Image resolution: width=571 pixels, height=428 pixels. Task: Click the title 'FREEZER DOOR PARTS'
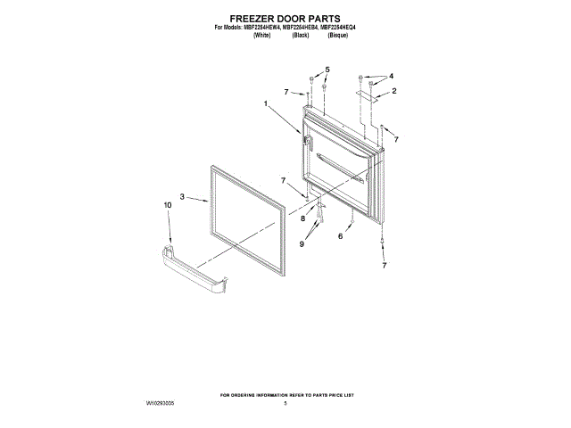point(285,17)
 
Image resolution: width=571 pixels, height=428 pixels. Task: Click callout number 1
point(266,104)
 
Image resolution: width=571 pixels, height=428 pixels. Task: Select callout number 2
point(393,92)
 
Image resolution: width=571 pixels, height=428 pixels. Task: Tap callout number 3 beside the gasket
point(182,197)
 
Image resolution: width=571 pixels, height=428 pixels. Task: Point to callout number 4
point(391,77)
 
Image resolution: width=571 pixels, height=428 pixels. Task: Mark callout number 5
point(327,70)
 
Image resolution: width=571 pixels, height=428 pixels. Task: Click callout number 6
point(340,236)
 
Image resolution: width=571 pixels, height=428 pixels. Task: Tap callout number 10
point(167,206)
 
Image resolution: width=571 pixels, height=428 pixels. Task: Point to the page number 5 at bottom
point(285,403)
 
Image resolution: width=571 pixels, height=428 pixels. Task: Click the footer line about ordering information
point(285,393)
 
